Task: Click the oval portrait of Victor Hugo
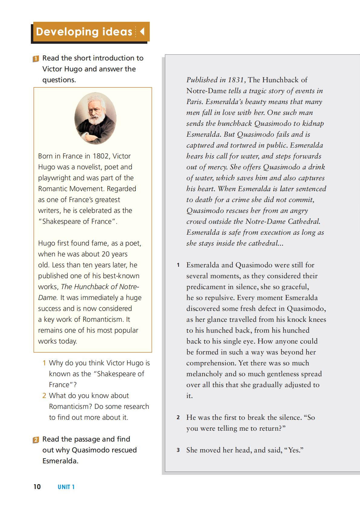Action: click(x=95, y=118)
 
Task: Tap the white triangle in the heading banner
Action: click(x=142, y=31)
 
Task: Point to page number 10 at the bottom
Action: click(x=37, y=487)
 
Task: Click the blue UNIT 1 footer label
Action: click(x=66, y=487)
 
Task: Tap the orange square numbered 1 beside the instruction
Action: click(x=36, y=58)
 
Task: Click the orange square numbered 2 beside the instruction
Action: click(x=36, y=440)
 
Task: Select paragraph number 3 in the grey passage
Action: click(x=178, y=450)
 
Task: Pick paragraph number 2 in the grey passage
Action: click(x=178, y=418)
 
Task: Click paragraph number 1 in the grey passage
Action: click(x=178, y=265)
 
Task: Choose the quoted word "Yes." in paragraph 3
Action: click(x=295, y=450)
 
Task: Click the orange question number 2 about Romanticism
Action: click(x=44, y=396)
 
